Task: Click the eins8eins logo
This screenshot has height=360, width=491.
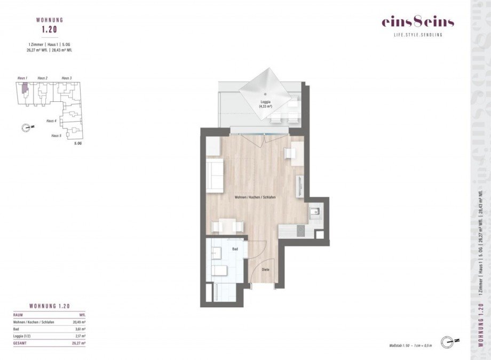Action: click(x=417, y=22)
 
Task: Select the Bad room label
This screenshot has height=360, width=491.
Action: click(x=234, y=249)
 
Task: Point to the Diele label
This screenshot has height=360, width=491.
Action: click(x=265, y=269)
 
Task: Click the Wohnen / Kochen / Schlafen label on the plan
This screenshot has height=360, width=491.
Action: click(x=255, y=197)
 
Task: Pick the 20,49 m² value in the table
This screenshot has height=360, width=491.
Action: click(x=79, y=322)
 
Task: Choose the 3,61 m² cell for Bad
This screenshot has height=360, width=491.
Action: click(x=80, y=330)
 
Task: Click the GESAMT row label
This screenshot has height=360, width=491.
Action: click(x=21, y=343)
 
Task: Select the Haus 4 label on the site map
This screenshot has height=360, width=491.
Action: click(x=52, y=121)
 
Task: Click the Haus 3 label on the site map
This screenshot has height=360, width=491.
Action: click(x=67, y=78)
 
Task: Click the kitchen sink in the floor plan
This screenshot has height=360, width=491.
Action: click(x=315, y=212)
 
